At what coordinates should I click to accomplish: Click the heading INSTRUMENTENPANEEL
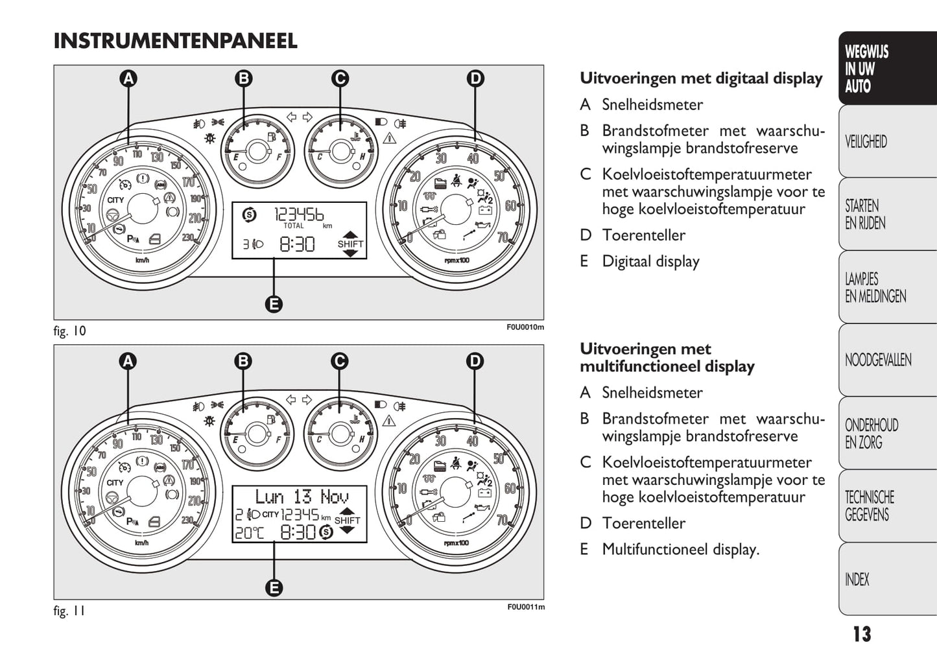[x=175, y=41]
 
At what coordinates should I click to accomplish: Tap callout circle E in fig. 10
[x=274, y=303]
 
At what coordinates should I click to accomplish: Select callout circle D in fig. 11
[x=475, y=361]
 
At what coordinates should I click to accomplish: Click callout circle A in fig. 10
[x=128, y=78]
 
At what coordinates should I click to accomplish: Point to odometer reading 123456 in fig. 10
[x=299, y=213]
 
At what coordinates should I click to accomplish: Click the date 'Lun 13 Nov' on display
[x=302, y=497]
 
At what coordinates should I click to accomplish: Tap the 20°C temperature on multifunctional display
[x=249, y=533]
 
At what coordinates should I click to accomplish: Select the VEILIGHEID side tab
[x=866, y=142]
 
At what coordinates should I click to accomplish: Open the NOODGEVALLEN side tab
[x=878, y=360]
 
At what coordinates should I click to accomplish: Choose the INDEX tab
[x=857, y=580]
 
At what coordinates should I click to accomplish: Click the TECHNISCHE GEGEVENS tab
[x=869, y=506]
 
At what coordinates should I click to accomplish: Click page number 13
[x=862, y=634]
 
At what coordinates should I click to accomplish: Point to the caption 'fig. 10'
[x=69, y=331]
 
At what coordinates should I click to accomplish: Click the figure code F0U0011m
[x=525, y=607]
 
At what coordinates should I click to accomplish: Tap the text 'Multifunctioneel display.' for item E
[x=680, y=550]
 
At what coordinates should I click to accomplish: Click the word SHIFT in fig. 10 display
[x=350, y=244]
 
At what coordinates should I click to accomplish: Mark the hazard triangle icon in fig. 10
[x=389, y=138]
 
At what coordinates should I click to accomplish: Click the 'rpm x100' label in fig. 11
[x=457, y=543]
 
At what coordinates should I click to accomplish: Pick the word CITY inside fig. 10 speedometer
[x=115, y=200]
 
